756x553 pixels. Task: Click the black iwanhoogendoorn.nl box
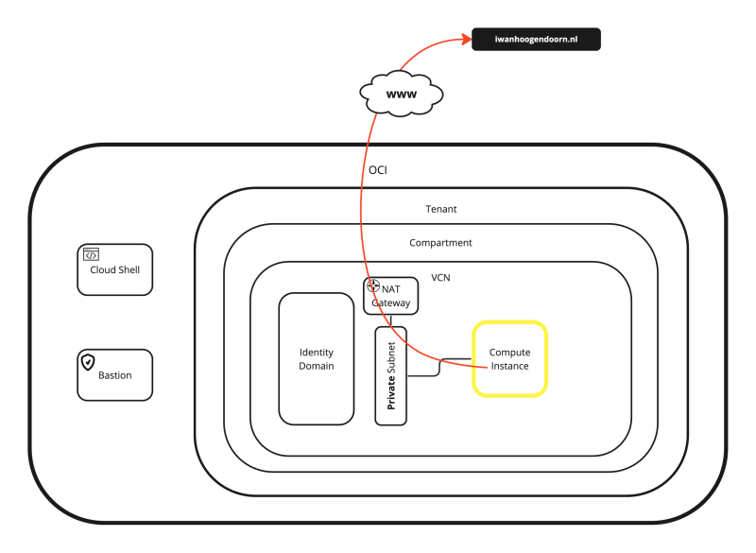tap(536, 39)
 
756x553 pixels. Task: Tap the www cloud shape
tap(402, 94)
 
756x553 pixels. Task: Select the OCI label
tap(378, 170)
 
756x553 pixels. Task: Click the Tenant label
tap(441, 209)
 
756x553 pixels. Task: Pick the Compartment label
tap(440, 243)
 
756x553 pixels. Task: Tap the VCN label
tap(441, 278)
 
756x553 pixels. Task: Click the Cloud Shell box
tap(114, 269)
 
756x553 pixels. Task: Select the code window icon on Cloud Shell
tap(91, 253)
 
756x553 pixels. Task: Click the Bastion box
tap(114, 375)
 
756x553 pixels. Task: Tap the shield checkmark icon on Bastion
tap(88, 361)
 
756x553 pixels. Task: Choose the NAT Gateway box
tap(390, 296)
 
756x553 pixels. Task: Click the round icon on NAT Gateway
tap(372, 285)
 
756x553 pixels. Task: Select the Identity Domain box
tap(317, 359)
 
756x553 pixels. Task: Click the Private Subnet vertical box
tap(391, 375)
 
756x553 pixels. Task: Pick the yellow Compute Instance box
tap(509, 358)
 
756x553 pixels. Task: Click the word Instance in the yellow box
tap(509, 366)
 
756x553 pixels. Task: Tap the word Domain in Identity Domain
tap(317, 366)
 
